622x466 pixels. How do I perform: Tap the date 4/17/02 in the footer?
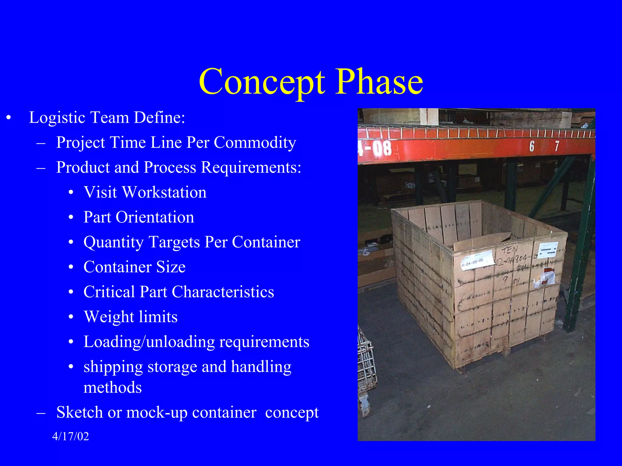tap(70, 436)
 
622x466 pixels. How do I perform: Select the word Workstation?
tap(164, 192)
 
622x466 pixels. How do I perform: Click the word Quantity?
tap(113, 242)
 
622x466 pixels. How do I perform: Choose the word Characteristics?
tap(223, 292)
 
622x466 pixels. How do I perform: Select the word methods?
tap(112, 388)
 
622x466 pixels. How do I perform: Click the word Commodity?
tap(255, 142)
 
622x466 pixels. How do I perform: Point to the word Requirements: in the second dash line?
tap(251, 167)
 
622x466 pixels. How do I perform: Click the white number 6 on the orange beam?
tap(532, 146)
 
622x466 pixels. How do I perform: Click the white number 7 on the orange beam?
tap(557, 146)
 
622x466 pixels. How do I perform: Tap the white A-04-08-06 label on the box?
tap(476, 260)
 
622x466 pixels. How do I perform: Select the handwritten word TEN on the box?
tap(510, 250)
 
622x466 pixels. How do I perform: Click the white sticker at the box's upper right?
tap(548, 250)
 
